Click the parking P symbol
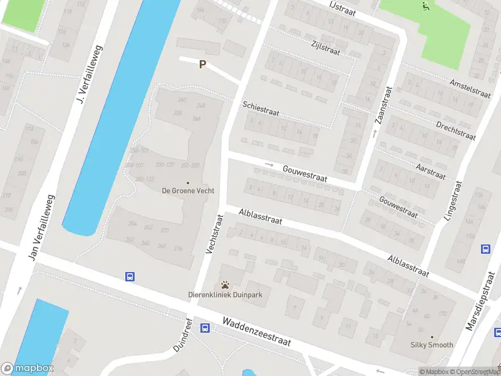coord(202,64)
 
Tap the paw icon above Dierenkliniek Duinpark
coord(225,285)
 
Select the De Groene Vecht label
coord(188,190)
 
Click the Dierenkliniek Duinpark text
coord(225,295)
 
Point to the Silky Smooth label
coord(431,345)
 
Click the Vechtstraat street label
coord(214,234)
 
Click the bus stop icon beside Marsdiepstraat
coord(485,249)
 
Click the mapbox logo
coord(28,368)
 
